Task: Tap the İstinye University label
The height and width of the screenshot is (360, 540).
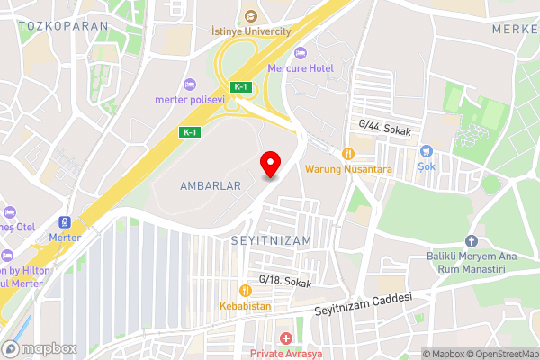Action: click(250, 31)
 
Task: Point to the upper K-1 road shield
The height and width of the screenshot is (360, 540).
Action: click(240, 87)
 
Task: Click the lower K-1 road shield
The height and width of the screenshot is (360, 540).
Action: click(189, 132)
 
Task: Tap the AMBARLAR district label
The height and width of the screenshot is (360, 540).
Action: click(211, 185)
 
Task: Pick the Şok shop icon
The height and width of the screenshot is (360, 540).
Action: click(428, 151)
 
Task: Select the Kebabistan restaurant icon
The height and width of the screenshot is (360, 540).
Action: click(245, 290)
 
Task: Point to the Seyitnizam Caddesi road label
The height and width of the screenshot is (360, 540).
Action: click(363, 304)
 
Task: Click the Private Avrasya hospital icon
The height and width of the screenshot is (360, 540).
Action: click(286, 338)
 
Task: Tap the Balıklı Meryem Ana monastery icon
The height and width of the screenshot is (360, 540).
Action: click(471, 241)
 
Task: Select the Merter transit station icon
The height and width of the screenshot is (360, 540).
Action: click(65, 222)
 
